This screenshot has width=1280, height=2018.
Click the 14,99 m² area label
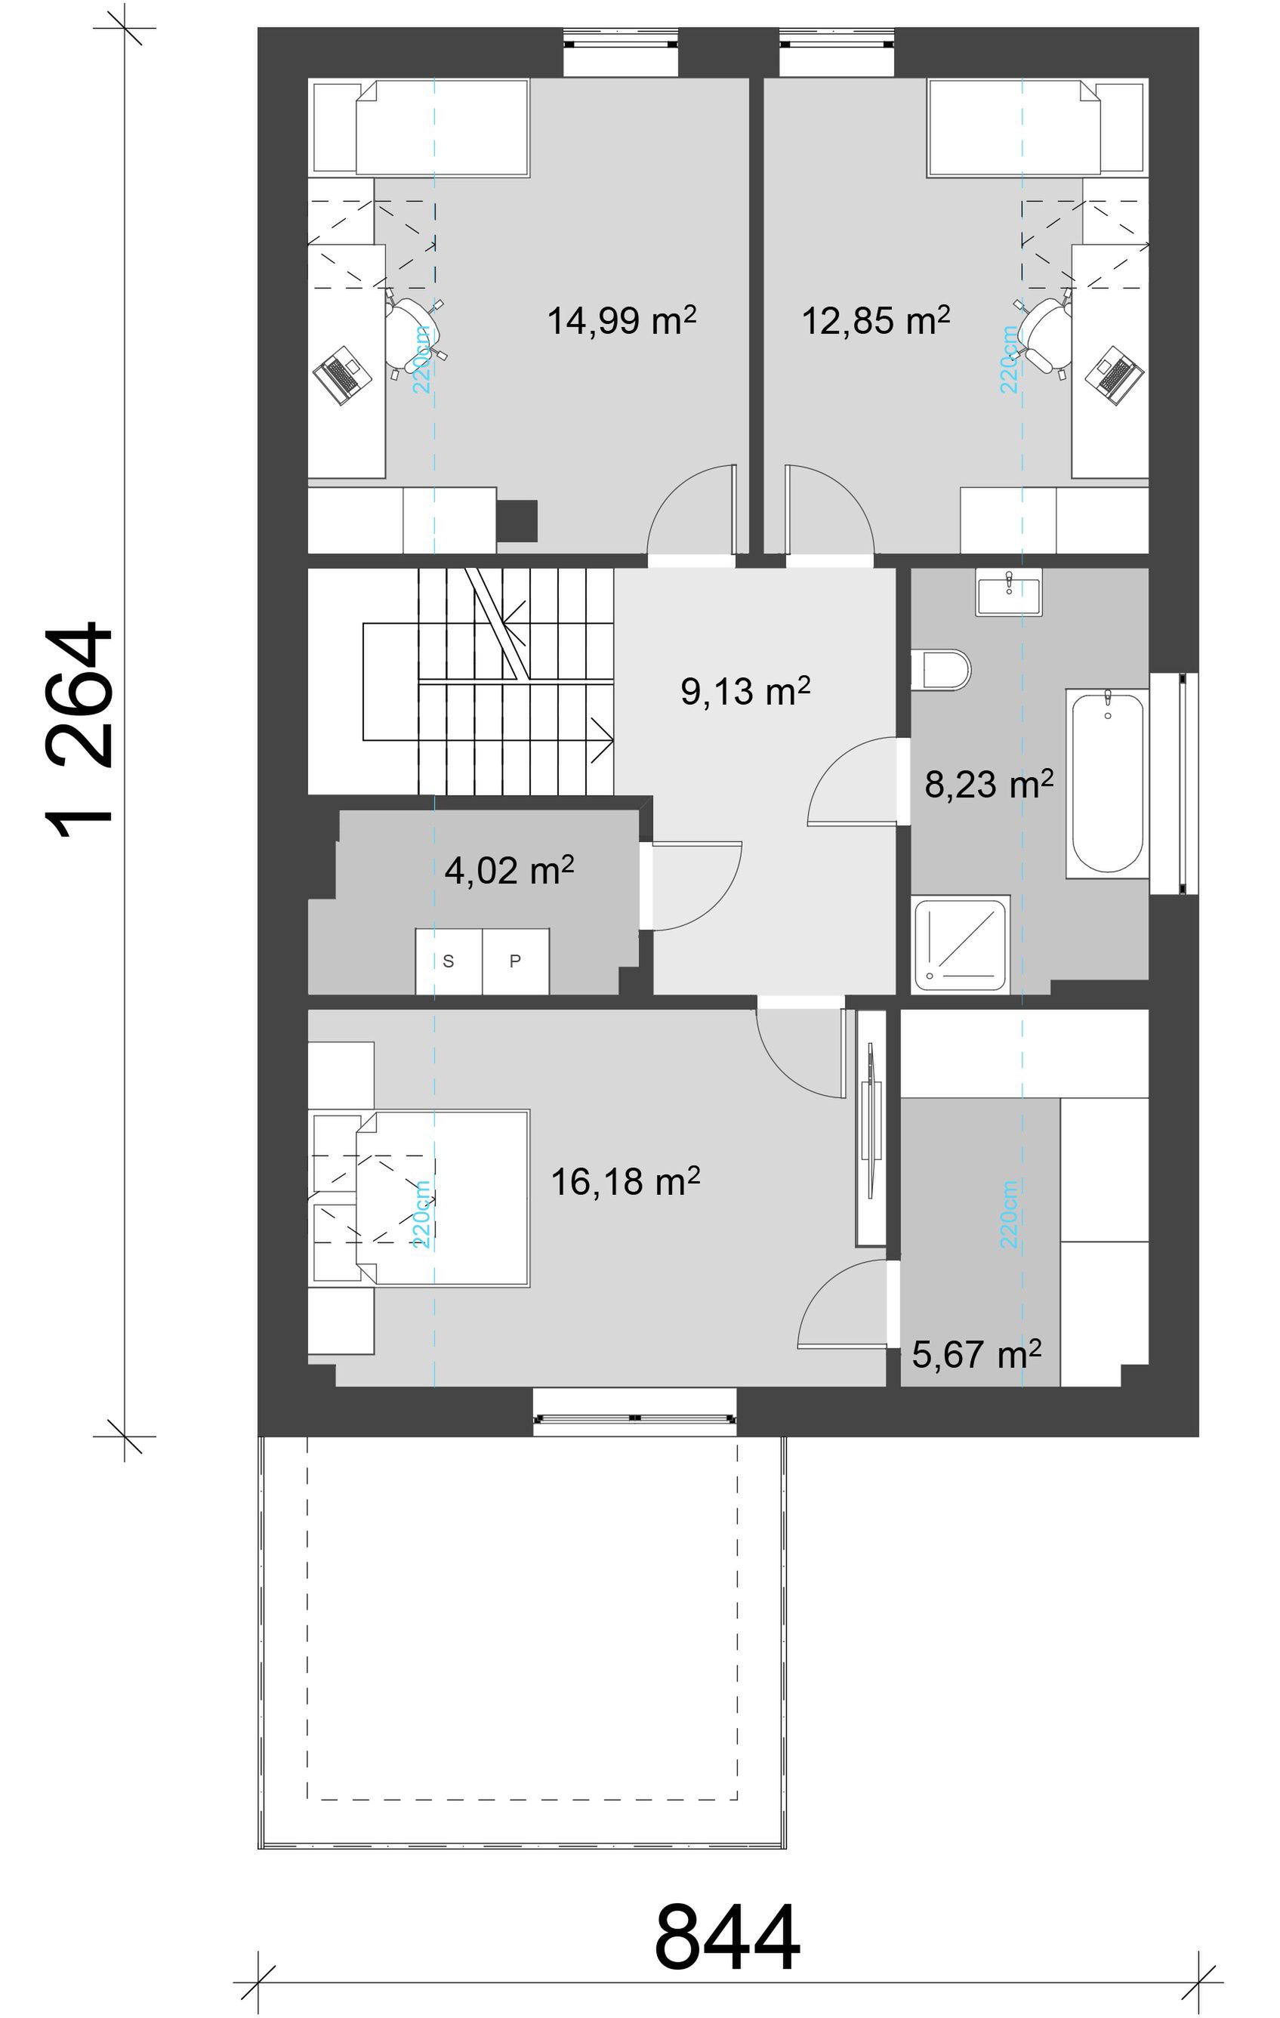click(x=621, y=320)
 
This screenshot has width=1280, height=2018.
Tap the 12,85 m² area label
click(x=876, y=320)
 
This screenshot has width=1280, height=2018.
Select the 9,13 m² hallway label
click(x=745, y=691)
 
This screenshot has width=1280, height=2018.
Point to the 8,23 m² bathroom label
click(x=989, y=785)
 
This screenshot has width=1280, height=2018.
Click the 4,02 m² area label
click(x=508, y=872)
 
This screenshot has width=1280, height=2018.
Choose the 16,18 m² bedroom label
click(x=625, y=1182)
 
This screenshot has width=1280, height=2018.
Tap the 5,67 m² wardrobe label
click(x=976, y=1355)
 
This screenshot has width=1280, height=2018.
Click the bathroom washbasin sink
click(x=1009, y=593)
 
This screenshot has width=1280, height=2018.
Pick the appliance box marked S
click(x=449, y=961)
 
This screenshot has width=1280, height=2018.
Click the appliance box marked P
click(x=516, y=961)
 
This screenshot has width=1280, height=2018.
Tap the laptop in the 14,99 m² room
click(x=342, y=374)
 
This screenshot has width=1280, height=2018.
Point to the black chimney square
click(x=517, y=520)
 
